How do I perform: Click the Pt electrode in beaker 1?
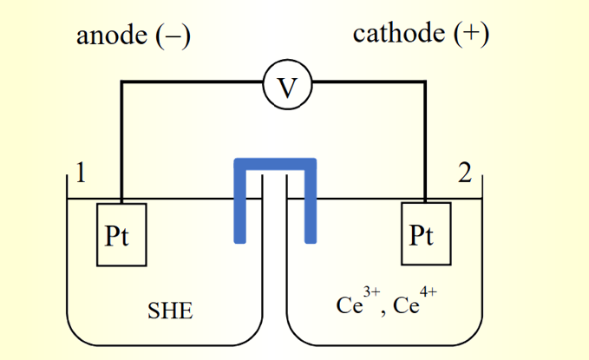click(121, 234)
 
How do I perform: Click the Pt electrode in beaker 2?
click(426, 234)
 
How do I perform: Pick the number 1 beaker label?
click(80, 173)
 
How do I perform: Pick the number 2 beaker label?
click(465, 174)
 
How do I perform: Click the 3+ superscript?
click(372, 294)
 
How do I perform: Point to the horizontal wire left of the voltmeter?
click(191, 83)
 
